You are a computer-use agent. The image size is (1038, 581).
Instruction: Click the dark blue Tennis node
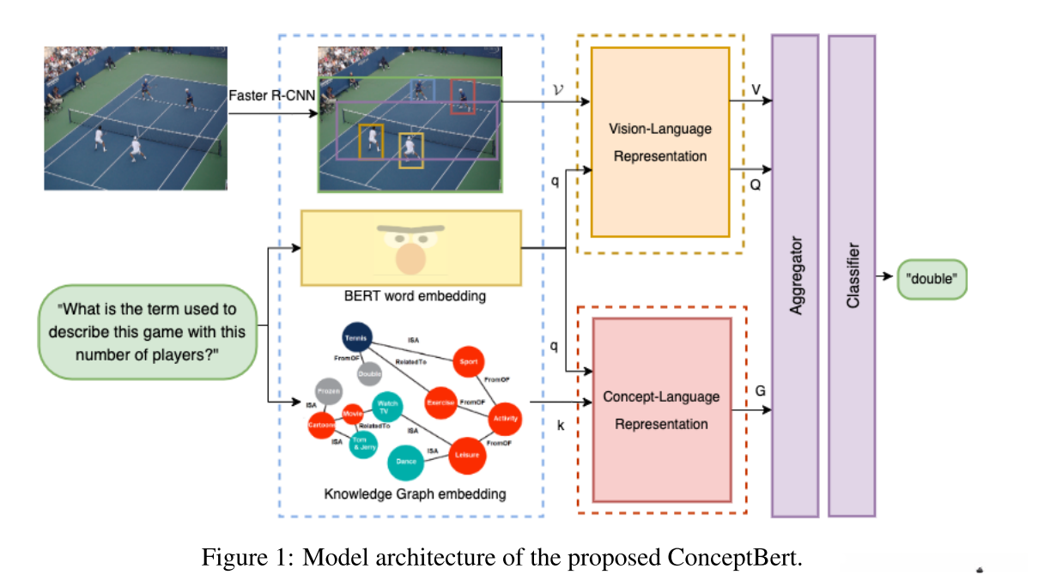point(355,337)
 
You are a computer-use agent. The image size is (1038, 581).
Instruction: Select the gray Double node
point(369,372)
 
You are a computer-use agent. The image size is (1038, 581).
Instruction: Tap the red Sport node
point(468,361)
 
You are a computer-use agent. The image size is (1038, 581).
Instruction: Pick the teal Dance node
point(406,462)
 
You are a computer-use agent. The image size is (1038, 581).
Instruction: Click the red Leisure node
point(468,456)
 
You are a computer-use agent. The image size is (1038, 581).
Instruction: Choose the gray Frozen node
point(328,390)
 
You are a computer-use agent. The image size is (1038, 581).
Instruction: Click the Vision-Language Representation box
point(659,142)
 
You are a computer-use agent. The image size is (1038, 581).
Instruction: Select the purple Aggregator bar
point(795,275)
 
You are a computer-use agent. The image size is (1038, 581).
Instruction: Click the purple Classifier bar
point(852,275)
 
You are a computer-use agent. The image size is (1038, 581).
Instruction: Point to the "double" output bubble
point(932,279)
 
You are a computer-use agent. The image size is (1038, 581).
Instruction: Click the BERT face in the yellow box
point(411,249)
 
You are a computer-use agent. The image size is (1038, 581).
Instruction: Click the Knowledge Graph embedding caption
point(414,494)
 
